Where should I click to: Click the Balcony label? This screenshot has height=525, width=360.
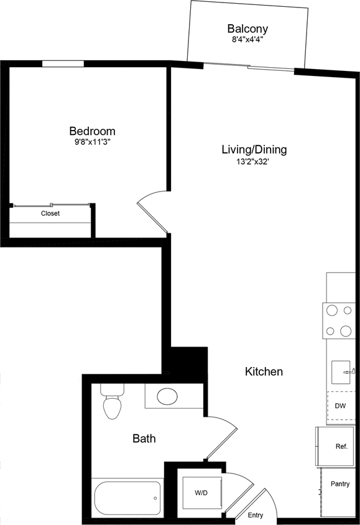(247, 29)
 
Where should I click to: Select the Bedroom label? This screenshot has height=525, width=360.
(92, 131)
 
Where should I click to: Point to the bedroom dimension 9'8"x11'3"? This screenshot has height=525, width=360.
(92, 142)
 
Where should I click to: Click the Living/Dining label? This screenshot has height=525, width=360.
(254, 149)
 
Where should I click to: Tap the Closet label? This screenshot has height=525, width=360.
(50, 213)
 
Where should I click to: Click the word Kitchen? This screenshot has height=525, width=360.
(264, 372)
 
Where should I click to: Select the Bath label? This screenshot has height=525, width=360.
(144, 439)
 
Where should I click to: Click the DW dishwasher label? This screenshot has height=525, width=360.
(340, 406)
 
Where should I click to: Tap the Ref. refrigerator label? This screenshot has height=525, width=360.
(341, 447)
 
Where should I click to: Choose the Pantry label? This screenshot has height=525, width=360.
(340, 484)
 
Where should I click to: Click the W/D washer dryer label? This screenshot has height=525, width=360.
(201, 493)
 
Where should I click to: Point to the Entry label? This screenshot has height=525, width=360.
(255, 516)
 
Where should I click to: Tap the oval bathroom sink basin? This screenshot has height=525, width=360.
(167, 396)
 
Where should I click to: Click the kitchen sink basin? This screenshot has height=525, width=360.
(342, 372)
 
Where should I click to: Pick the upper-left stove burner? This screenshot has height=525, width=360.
(331, 310)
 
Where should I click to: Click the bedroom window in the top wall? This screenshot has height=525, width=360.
(63, 63)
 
